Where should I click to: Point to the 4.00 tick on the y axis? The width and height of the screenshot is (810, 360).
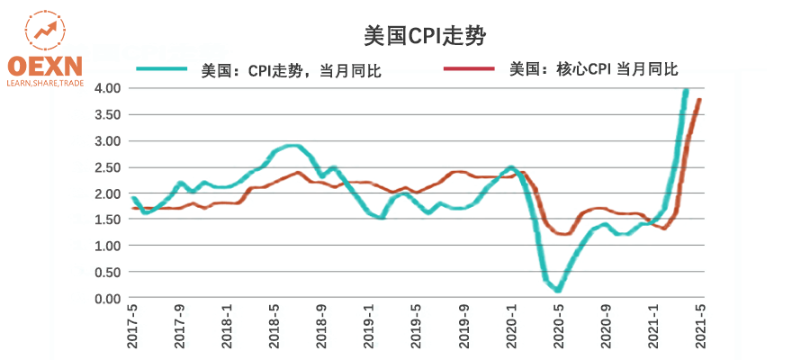click(x=107, y=88)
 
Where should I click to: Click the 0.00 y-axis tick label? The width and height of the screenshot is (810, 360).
click(x=107, y=299)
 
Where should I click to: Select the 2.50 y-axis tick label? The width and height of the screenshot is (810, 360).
click(x=107, y=167)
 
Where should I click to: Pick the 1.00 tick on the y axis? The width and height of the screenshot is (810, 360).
click(x=107, y=246)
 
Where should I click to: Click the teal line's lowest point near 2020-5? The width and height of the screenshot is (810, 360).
click(x=558, y=290)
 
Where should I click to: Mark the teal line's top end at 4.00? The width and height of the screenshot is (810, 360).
click(x=686, y=91)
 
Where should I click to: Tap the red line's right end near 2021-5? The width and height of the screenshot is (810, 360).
click(x=699, y=100)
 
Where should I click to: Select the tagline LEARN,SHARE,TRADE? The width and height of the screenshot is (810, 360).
click(x=44, y=83)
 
